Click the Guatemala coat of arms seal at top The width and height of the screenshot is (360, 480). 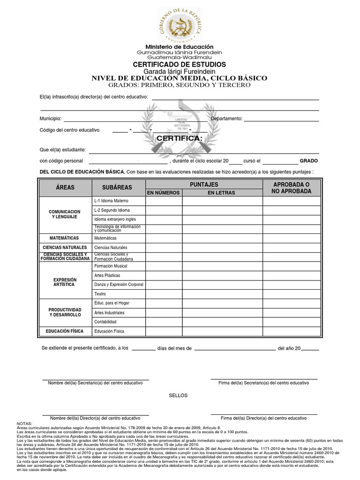pyautogui.click(x=180, y=23)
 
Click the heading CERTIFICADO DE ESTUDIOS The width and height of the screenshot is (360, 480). pyautogui.click(x=180, y=64)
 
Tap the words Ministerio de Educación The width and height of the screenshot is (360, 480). pyautogui.click(x=180, y=47)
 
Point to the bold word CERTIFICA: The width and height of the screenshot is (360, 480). pyautogui.click(x=180, y=139)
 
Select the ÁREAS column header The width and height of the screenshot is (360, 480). pyautogui.click(x=65, y=187)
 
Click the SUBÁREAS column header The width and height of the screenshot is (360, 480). pyautogui.click(x=117, y=187)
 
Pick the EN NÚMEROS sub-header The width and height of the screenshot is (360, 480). pyautogui.click(x=164, y=193)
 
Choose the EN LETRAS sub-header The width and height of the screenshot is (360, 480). pyautogui.click(x=222, y=193)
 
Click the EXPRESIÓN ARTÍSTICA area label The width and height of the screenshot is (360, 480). pyautogui.click(x=65, y=282)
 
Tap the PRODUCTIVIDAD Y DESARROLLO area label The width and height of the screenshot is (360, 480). pyautogui.click(x=65, y=312)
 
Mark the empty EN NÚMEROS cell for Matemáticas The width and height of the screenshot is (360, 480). pyautogui.click(x=164, y=238)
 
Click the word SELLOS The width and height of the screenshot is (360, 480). pyautogui.click(x=178, y=395)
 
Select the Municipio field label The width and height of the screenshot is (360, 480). pyautogui.click(x=50, y=119)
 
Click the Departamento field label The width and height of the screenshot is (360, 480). pyautogui.click(x=226, y=119)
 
